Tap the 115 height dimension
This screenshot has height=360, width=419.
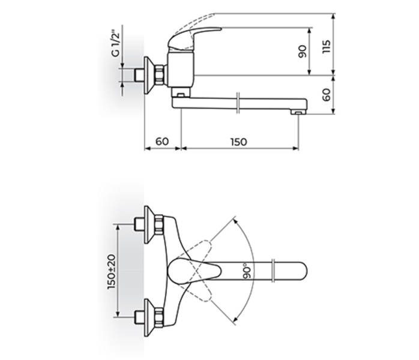coord(326,46)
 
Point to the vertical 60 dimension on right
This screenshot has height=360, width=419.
coord(326,94)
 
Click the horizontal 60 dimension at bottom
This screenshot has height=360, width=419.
coord(162,142)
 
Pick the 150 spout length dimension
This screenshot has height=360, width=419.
coord(238,142)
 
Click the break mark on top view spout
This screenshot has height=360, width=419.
coord(273,271)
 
